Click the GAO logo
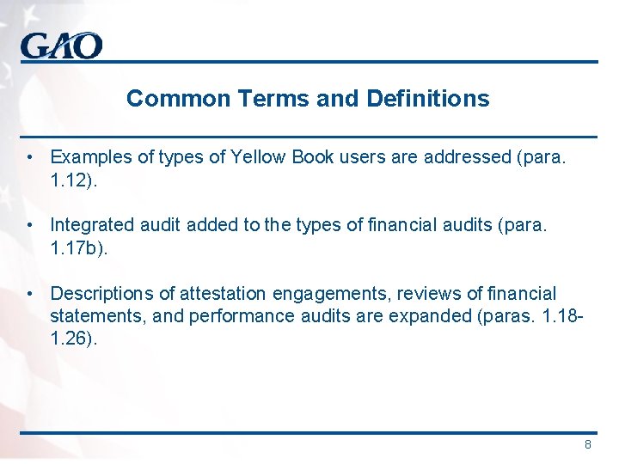coord(62,45)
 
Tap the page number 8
coord(588,444)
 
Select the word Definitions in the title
coord(427,99)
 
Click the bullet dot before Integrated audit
coord(30,225)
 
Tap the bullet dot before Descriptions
coord(30,294)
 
